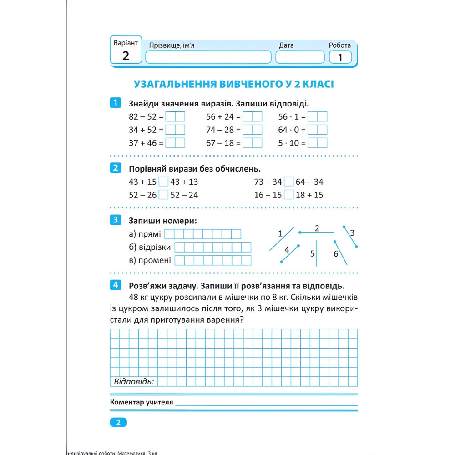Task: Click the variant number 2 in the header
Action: [x=126, y=56]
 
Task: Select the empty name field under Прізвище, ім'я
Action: [x=208, y=57]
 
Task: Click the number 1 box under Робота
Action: [x=340, y=57]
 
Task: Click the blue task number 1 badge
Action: [x=116, y=103]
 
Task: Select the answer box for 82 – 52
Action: [x=175, y=116]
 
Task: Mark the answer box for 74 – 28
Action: [x=253, y=130]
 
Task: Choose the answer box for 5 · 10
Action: [x=318, y=143]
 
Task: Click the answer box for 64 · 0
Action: [x=318, y=130]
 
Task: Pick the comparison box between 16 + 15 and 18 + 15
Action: [x=288, y=195]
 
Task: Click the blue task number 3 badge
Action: [x=116, y=221]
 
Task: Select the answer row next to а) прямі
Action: [x=202, y=234]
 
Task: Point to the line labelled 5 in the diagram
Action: [x=317, y=253]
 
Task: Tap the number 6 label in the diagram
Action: [x=336, y=254]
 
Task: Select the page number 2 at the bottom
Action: [x=118, y=423]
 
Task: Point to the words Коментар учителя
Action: [x=142, y=403]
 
